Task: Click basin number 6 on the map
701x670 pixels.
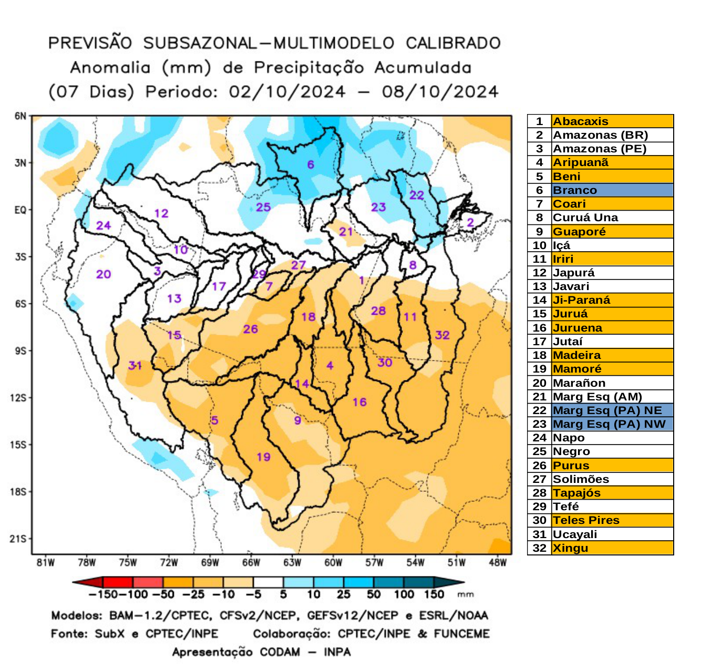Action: click(311, 164)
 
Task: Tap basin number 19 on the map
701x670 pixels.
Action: click(263, 457)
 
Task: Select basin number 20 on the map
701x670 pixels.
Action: click(104, 274)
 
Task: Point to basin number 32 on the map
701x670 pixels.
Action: click(442, 335)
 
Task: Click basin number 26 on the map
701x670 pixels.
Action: click(250, 329)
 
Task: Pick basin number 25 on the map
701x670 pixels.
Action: click(263, 207)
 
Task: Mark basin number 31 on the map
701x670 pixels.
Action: click(135, 365)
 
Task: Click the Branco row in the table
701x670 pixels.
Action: click(600, 190)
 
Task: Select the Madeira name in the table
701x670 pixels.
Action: click(576, 355)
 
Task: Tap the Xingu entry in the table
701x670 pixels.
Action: click(570, 548)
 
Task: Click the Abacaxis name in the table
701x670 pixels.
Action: click(580, 121)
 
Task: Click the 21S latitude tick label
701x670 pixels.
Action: click(18, 539)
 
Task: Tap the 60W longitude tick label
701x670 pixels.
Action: click(333, 563)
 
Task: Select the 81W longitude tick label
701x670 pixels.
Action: click(46, 563)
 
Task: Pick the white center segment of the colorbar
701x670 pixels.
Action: click(268, 582)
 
